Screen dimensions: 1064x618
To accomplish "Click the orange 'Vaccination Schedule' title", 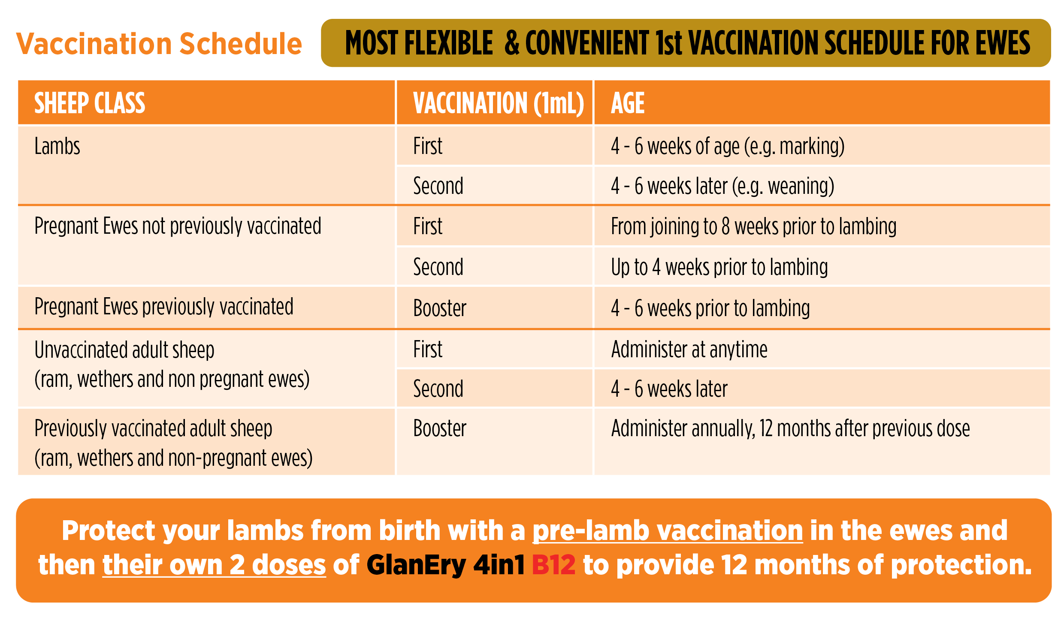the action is (159, 44).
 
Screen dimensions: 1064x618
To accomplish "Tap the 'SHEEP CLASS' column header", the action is (90, 103).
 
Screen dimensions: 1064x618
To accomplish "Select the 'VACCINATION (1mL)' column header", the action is (499, 103).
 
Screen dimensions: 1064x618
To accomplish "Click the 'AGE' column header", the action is (628, 103).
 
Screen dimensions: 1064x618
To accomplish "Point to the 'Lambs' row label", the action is (57, 146).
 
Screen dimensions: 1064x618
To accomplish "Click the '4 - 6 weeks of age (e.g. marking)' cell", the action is (728, 147).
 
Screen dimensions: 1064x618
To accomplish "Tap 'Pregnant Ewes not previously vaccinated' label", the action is (178, 226).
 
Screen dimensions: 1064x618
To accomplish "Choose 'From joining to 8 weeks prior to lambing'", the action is (754, 226).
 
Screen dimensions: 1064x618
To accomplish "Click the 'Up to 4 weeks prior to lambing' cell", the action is (719, 267).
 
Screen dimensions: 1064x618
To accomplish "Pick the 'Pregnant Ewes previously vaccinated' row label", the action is (164, 307).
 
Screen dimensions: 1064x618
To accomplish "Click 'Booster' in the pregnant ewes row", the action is (440, 308).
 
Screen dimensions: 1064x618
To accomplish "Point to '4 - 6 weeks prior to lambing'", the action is (710, 308).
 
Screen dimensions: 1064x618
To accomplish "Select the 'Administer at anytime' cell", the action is (689, 349).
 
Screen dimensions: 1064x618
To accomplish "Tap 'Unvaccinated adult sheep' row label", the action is (124, 350).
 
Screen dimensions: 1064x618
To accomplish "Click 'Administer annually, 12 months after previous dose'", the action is (791, 428).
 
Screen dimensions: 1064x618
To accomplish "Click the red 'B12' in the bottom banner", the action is (553, 565).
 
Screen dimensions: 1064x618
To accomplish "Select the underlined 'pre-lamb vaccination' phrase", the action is (668, 531).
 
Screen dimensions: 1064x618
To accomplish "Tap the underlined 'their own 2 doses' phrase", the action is (214, 565).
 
